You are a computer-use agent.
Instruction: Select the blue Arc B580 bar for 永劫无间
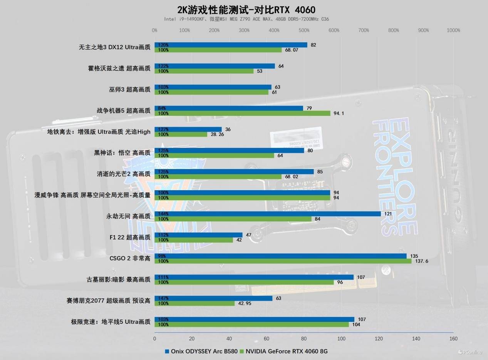pos(267,214)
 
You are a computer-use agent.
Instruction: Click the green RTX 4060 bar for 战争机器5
pos(242,113)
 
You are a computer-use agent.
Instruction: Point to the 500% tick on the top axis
pos(304,30)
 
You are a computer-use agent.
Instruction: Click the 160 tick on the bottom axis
pos(453,338)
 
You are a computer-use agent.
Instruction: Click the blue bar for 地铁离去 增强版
pos(188,129)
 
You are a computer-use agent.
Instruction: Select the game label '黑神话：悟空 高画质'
pos(122,153)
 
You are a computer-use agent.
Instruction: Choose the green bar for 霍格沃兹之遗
pos(204,71)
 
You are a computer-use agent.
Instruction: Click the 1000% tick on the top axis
pos(453,30)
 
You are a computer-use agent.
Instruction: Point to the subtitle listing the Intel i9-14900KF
pos(247,19)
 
